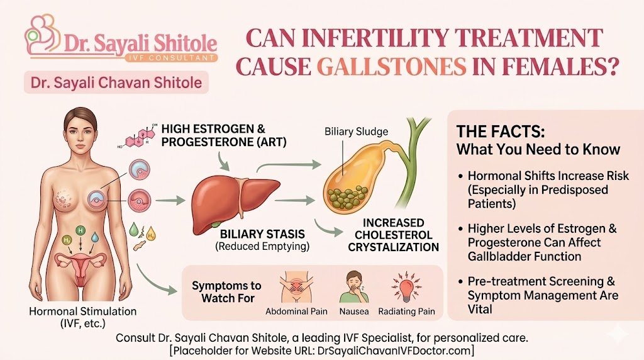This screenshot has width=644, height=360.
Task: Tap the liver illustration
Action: point(232,195)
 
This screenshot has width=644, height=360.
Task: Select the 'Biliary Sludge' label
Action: point(348,132)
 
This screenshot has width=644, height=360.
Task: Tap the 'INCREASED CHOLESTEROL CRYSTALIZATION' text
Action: point(395,235)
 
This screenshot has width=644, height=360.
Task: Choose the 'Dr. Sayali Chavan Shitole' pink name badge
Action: point(115,82)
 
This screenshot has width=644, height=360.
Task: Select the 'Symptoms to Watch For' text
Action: point(227,291)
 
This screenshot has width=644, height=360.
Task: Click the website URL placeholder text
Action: point(321,349)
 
